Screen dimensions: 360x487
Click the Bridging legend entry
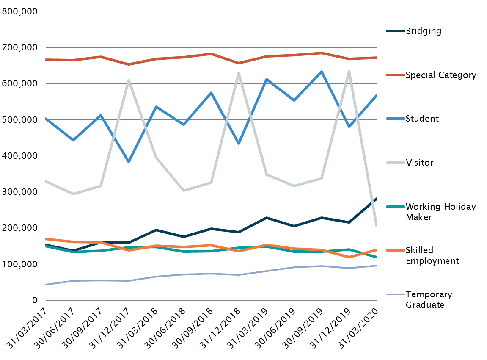(423, 31)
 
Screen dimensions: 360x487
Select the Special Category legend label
(440, 75)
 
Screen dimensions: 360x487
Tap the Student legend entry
(422, 119)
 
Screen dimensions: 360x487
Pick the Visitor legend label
(419, 163)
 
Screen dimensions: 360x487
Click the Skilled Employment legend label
(432, 255)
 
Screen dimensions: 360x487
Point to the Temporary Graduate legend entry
(429, 299)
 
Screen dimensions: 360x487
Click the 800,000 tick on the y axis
(20, 12)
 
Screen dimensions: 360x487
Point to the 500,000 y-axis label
(20, 120)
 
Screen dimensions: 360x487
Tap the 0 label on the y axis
(35, 301)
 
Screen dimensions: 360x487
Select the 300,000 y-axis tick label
(20, 192)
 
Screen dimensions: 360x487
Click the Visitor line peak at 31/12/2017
(128, 80)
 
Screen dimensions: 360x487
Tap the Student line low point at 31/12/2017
(128, 162)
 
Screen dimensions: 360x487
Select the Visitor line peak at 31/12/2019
(349, 71)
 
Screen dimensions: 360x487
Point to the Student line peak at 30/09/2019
(322, 72)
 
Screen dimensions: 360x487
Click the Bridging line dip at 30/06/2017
(73, 251)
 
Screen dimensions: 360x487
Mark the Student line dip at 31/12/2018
(239, 144)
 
